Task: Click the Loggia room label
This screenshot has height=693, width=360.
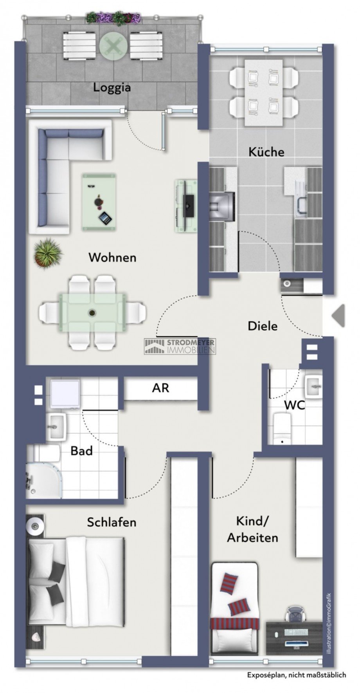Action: (112, 87)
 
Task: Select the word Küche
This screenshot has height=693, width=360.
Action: (266, 152)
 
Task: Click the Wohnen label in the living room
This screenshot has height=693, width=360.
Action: (112, 258)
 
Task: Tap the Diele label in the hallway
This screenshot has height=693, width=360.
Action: (263, 326)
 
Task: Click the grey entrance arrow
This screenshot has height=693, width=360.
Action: (338, 315)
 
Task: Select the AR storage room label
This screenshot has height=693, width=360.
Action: (160, 388)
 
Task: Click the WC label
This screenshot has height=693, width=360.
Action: (294, 405)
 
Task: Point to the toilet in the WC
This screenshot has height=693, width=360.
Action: (282, 428)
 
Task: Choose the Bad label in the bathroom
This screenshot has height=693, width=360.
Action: (81, 451)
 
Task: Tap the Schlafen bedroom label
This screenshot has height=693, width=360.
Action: (112, 522)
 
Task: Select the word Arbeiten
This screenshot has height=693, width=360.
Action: (252, 538)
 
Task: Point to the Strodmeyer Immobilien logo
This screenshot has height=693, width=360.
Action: (180, 346)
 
